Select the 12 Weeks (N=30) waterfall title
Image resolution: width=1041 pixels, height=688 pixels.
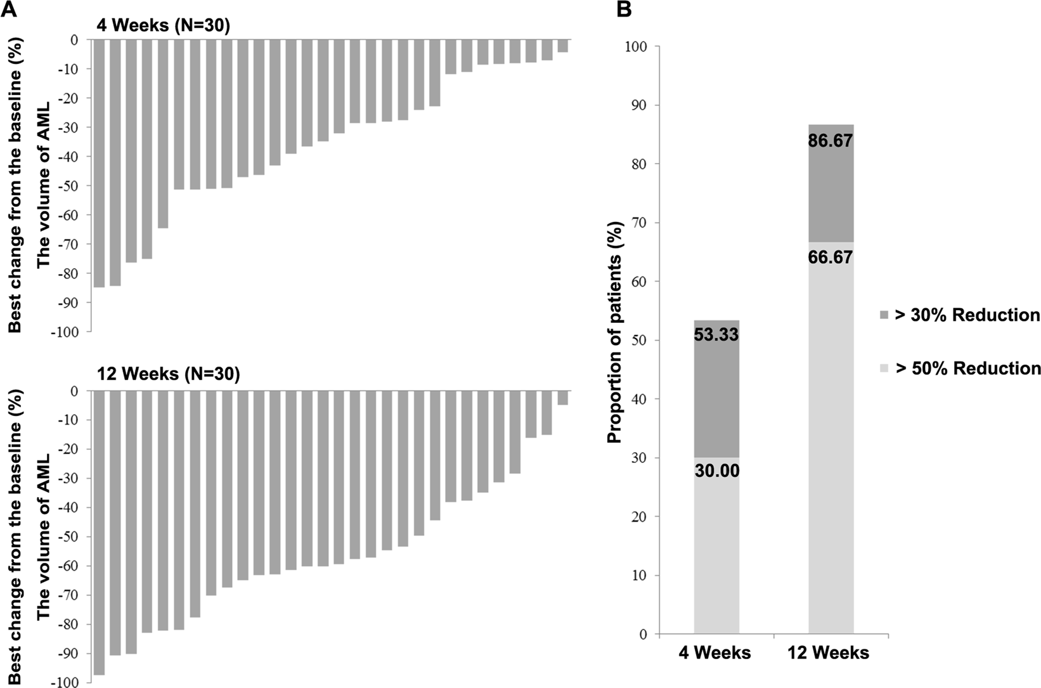point(168,374)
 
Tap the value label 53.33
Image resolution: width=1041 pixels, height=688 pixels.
point(716,334)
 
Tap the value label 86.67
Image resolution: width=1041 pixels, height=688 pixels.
point(830,140)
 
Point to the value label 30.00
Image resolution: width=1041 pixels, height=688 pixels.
point(716,471)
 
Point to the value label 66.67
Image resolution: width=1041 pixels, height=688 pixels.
point(830,257)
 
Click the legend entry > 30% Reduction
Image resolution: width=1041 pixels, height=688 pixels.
point(966,315)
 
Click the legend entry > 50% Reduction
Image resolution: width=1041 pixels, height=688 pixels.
point(966,368)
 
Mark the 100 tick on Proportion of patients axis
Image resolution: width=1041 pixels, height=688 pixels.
point(640,46)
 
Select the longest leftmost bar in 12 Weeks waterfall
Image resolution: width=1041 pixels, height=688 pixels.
point(99,533)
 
